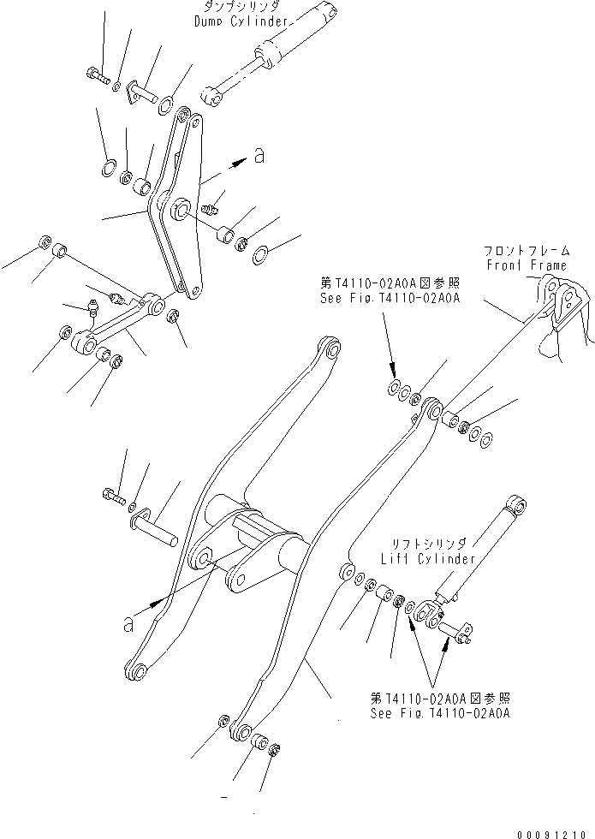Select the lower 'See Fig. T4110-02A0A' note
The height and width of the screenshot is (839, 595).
(x=440, y=712)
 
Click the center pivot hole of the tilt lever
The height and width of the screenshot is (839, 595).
(x=181, y=208)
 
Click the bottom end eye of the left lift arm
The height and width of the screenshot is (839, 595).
(x=136, y=670)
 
